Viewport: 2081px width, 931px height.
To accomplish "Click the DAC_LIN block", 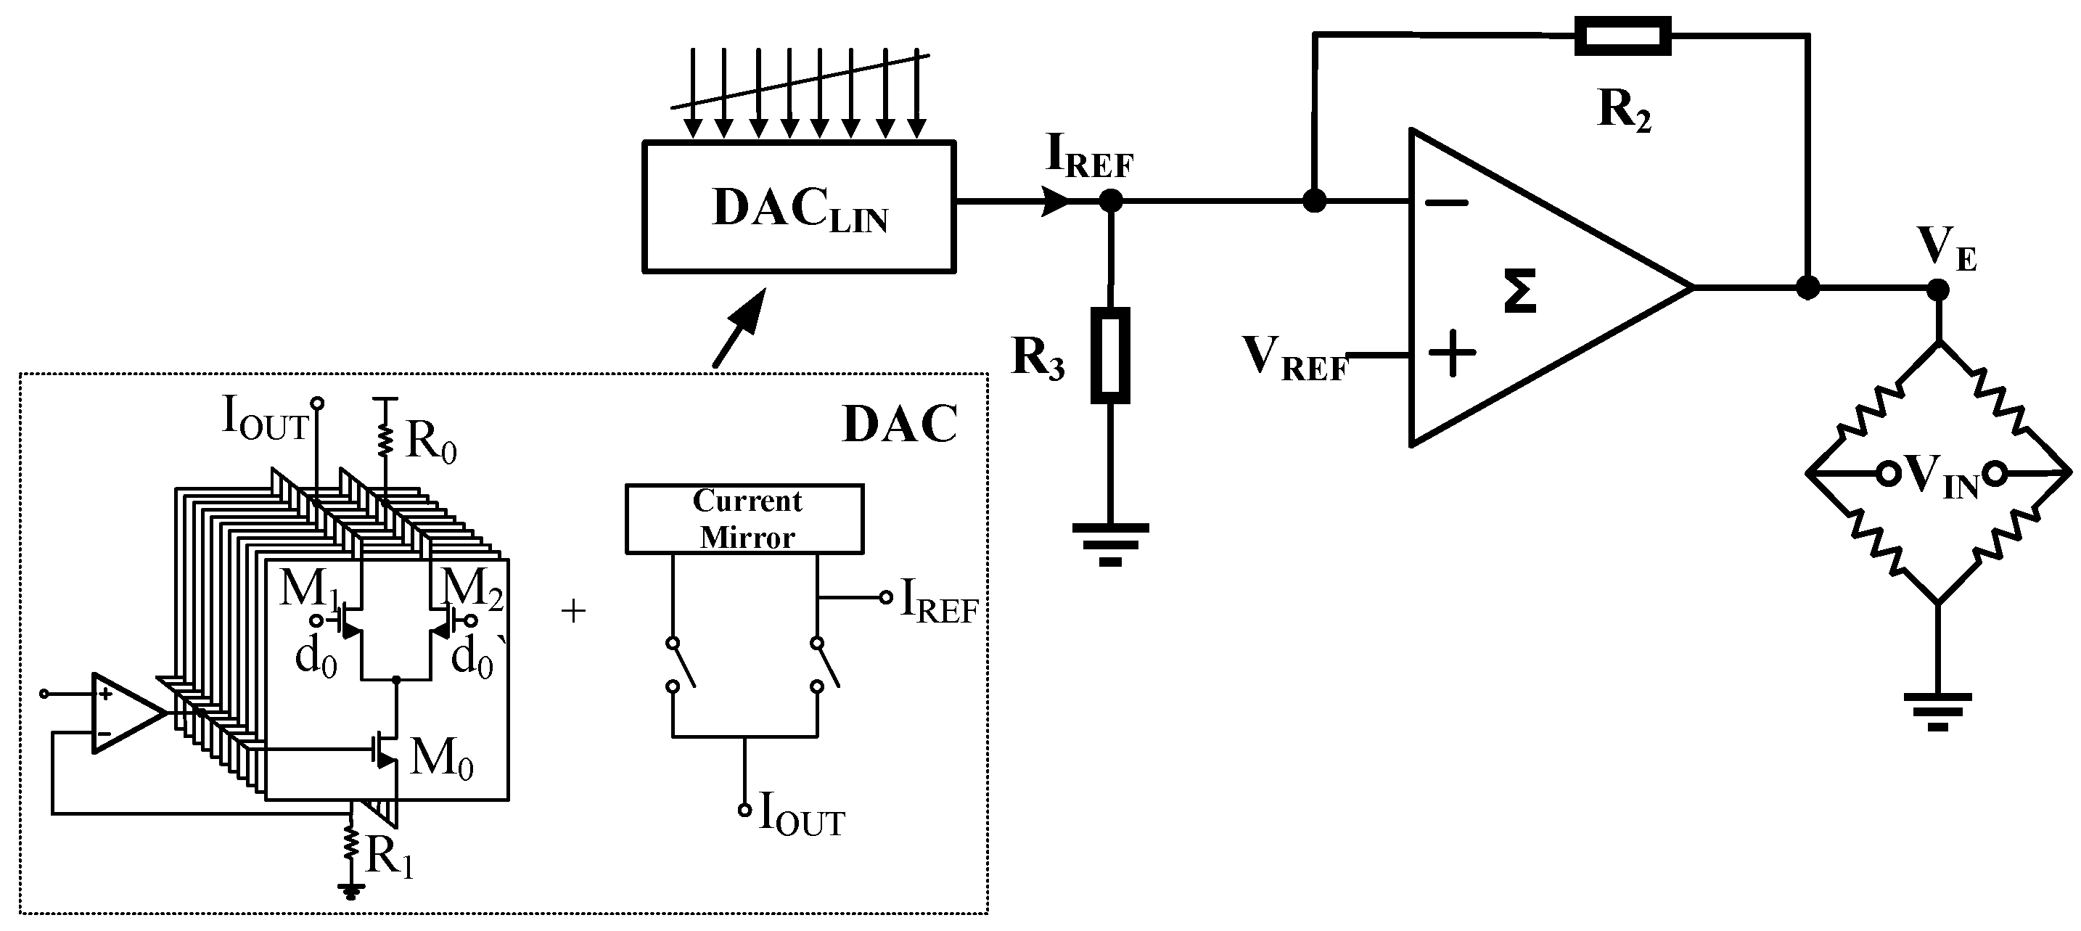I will coord(799,207).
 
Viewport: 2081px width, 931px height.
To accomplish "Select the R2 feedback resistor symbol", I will coord(1622,36).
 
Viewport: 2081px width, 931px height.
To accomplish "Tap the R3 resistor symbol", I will coord(1110,355).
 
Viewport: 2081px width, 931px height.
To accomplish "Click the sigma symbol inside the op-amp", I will coord(1519,292).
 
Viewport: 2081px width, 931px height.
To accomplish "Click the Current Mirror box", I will coord(745,519).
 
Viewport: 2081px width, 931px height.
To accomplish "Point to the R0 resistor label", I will coord(430,442).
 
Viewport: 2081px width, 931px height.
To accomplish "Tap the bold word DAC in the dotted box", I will coord(899,425).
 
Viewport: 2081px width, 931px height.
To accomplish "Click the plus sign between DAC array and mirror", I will coord(572,611).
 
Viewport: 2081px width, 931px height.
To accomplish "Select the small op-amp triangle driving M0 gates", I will coord(126,713).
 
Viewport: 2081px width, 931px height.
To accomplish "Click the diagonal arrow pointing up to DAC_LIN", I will coord(736,328).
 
